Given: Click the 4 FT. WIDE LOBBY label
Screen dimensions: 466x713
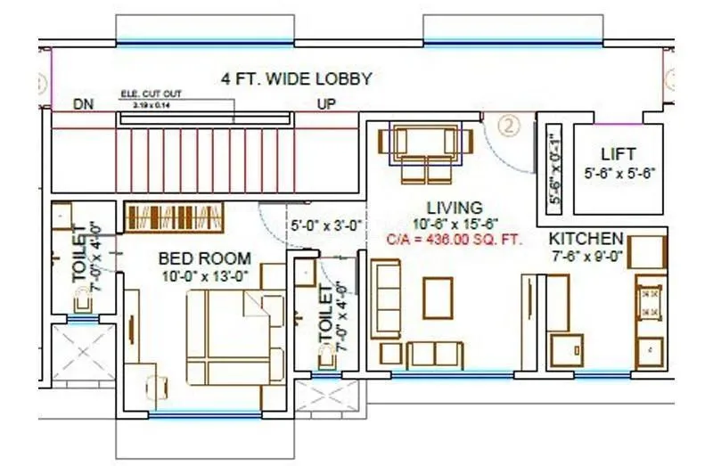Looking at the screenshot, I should click(296, 79).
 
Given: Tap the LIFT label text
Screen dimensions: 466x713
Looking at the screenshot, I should click(618, 153).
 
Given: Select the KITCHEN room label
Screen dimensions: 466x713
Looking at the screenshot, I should click(586, 239).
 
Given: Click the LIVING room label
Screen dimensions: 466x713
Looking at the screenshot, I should click(454, 208).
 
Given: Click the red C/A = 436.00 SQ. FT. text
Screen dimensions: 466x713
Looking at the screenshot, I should click(454, 240).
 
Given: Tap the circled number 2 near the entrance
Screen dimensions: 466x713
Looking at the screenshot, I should click(509, 126).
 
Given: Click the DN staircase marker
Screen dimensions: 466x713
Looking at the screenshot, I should click(85, 104).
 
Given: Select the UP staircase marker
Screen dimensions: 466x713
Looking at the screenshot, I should click(327, 104).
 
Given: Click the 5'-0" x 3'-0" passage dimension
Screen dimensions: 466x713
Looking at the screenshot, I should click(325, 225).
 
